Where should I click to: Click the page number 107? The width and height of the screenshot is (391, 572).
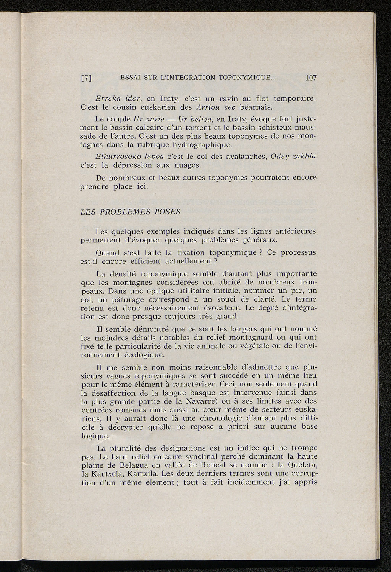[x=311, y=78]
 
